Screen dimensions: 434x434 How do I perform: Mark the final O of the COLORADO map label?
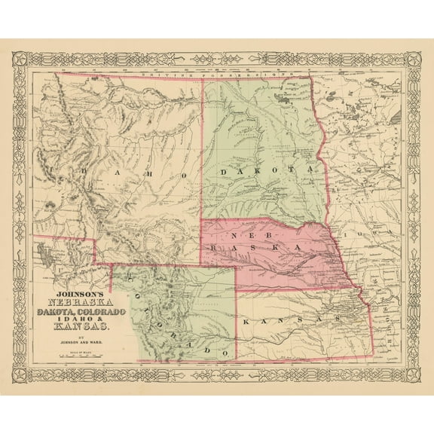[224, 352]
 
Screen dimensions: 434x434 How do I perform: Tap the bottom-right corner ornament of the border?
[413, 375]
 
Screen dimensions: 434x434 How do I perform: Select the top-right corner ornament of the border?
[413, 59]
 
